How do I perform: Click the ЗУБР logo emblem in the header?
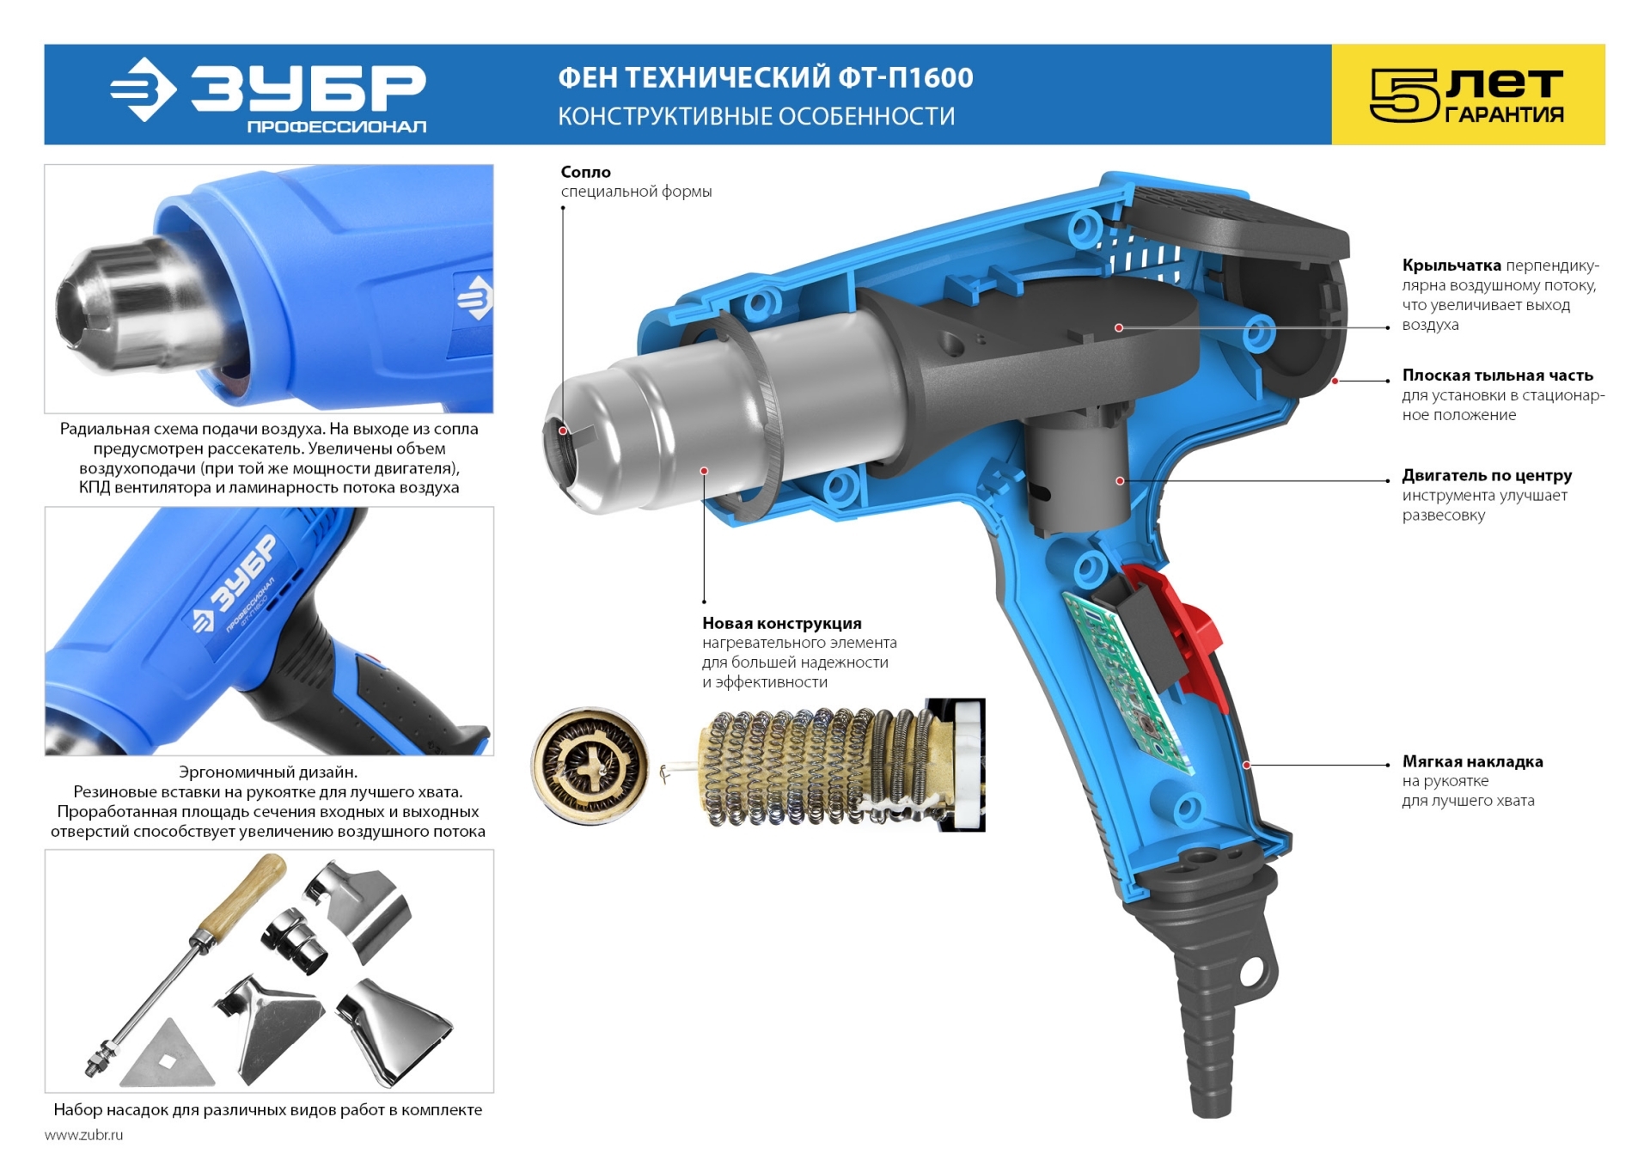144,89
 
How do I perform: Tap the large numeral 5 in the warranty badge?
1403,95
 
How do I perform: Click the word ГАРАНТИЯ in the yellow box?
1504,114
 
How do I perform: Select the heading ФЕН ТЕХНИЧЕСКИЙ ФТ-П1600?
766,78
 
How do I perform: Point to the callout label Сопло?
586,172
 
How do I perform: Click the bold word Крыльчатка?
1451,266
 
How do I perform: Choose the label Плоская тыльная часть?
1498,375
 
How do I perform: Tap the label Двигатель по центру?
1488,475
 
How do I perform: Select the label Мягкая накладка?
1473,761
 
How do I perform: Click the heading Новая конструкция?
782,623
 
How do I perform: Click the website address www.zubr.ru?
83,1135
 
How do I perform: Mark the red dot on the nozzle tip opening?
564,430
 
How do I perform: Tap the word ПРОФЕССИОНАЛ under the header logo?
337,127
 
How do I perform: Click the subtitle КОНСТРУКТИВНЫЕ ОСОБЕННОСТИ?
756,117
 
